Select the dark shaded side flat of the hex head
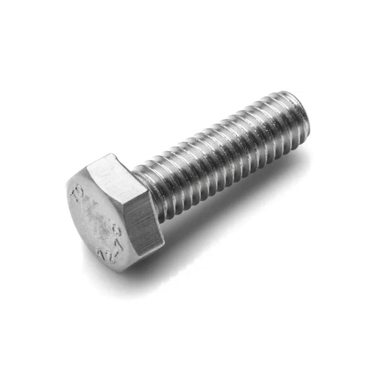(144, 224)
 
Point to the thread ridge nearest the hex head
(152, 189)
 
